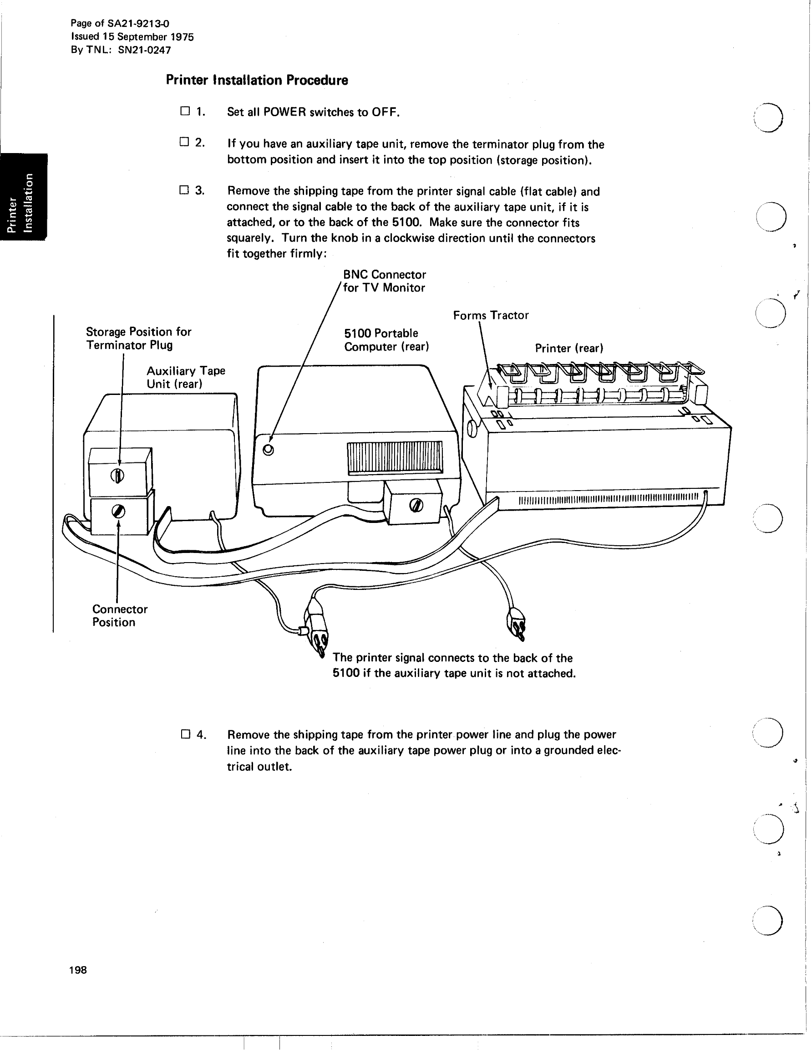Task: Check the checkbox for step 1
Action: (x=185, y=111)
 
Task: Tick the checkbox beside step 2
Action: (x=184, y=142)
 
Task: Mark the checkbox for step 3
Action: (x=184, y=190)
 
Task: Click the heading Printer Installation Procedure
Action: (x=257, y=80)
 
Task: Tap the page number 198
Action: (x=78, y=970)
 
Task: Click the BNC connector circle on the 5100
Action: (x=269, y=450)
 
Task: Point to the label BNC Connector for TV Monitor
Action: (x=384, y=281)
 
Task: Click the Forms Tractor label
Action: (x=491, y=315)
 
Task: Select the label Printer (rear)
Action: (x=569, y=348)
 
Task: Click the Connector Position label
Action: (x=120, y=616)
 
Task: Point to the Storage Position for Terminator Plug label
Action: (x=138, y=338)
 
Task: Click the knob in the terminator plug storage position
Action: (x=118, y=476)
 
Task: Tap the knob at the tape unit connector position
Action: (x=118, y=512)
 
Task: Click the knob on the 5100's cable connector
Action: (x=416, y=505)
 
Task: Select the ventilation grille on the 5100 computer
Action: (x=395, y=457)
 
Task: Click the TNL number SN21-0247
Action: (x=144, y=50)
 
